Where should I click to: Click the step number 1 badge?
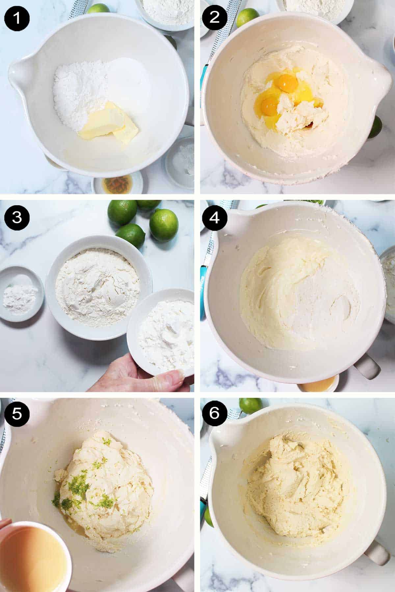pos(17,17)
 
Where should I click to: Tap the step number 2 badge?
pos(214,17)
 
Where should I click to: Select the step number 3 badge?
pos(17,217)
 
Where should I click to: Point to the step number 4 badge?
pos(214,217)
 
